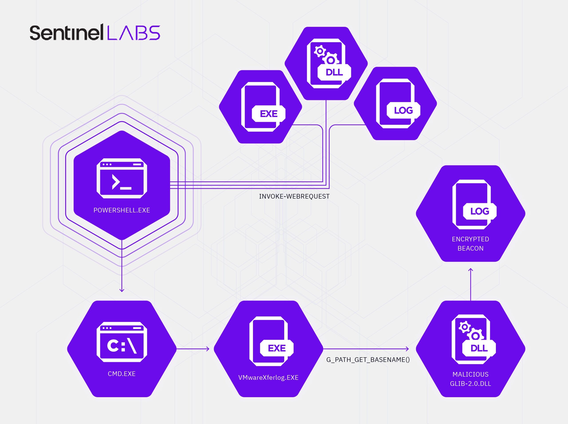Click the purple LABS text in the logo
click(x=134, y=33)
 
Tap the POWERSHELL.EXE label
click(x=122, y=210)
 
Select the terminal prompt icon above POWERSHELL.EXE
click(x=122, y=178)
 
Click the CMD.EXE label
click(x=122, y=374)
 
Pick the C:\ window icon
click(x=122, y=342)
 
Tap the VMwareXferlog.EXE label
click(x=268, y=378)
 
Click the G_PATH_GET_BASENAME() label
click(x=368, y=360)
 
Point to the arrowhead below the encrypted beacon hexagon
click(x=471, y=270)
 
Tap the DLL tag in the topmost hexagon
click(x=334, y=72)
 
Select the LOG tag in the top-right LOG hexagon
click(x=403, y=110)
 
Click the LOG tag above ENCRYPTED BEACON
click(x=479, y=211)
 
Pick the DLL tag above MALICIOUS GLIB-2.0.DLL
click(x=479, y=348)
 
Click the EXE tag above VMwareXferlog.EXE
click(x=276, y=348)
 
